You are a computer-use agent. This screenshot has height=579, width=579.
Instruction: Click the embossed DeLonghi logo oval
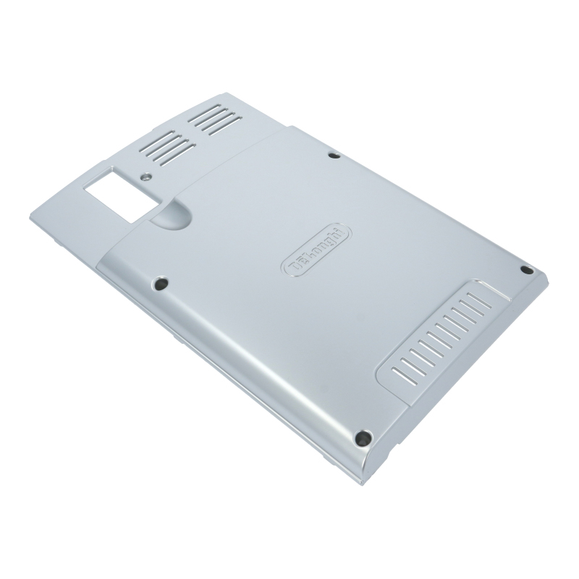point(316,250)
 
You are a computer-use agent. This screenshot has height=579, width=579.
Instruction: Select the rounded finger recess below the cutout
point(171,215)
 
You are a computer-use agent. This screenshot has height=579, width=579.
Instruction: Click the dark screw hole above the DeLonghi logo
point(334,156)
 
